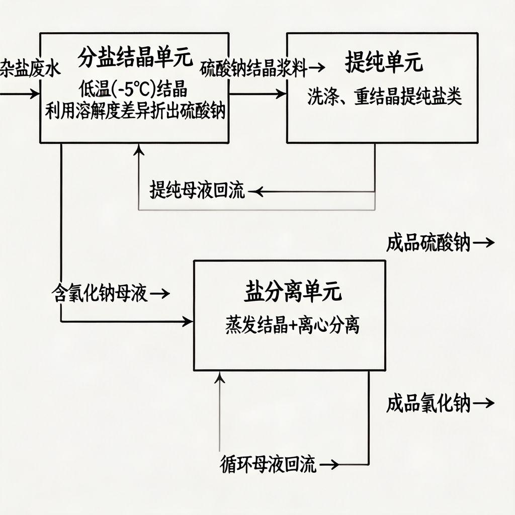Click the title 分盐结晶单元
(135, 59)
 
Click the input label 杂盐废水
(30, 69)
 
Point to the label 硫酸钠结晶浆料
(253, 69)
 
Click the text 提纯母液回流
(197, 191)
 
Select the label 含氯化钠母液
(100, 293)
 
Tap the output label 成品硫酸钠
(428, 243)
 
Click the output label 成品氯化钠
(428, 404)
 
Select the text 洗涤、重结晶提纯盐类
(384, 98)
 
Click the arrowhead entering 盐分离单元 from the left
(189, 321)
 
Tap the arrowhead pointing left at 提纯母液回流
(253, 191)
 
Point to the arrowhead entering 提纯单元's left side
(282, 94)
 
